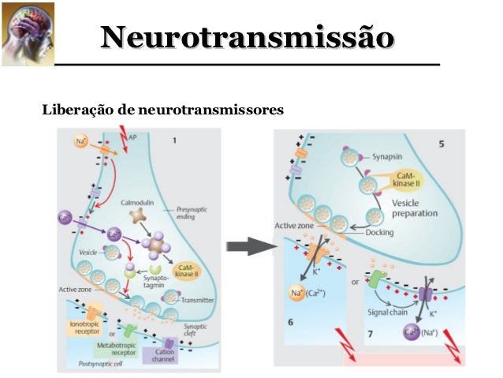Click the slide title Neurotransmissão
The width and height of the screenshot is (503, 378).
coord(246,37)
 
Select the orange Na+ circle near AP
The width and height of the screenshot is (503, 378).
coord(81,141)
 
